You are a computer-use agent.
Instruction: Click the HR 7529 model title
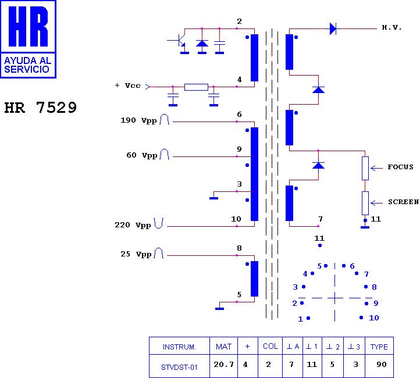click(41, 108)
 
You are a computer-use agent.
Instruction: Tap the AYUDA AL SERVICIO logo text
click(27, 65)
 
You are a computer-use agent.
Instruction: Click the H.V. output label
click(391, 27)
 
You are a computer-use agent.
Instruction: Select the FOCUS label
click(400, 167)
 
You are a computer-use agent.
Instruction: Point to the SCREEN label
click(403, 202)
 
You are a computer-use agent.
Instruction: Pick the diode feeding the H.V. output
click(333, 28)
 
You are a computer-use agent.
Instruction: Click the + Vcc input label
click(127, 85)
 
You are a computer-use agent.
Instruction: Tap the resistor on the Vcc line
click(196, 87)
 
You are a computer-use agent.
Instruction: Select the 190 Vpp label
click(138, 120)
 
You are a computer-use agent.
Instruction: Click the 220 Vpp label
click(133, 225)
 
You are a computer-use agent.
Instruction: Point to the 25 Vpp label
click(136, 254)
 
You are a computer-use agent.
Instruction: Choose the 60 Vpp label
click(142, 155)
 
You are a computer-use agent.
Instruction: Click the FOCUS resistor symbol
click(365, 168)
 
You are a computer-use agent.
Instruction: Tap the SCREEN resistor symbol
click(365, 203)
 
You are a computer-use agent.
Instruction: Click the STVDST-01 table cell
click(179, 367)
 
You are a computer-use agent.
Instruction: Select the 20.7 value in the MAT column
click(223, 365)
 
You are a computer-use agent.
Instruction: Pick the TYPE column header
click(379, 347)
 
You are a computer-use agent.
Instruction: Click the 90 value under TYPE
click(382, 365)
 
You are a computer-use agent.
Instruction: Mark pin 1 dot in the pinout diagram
click(308, 318)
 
